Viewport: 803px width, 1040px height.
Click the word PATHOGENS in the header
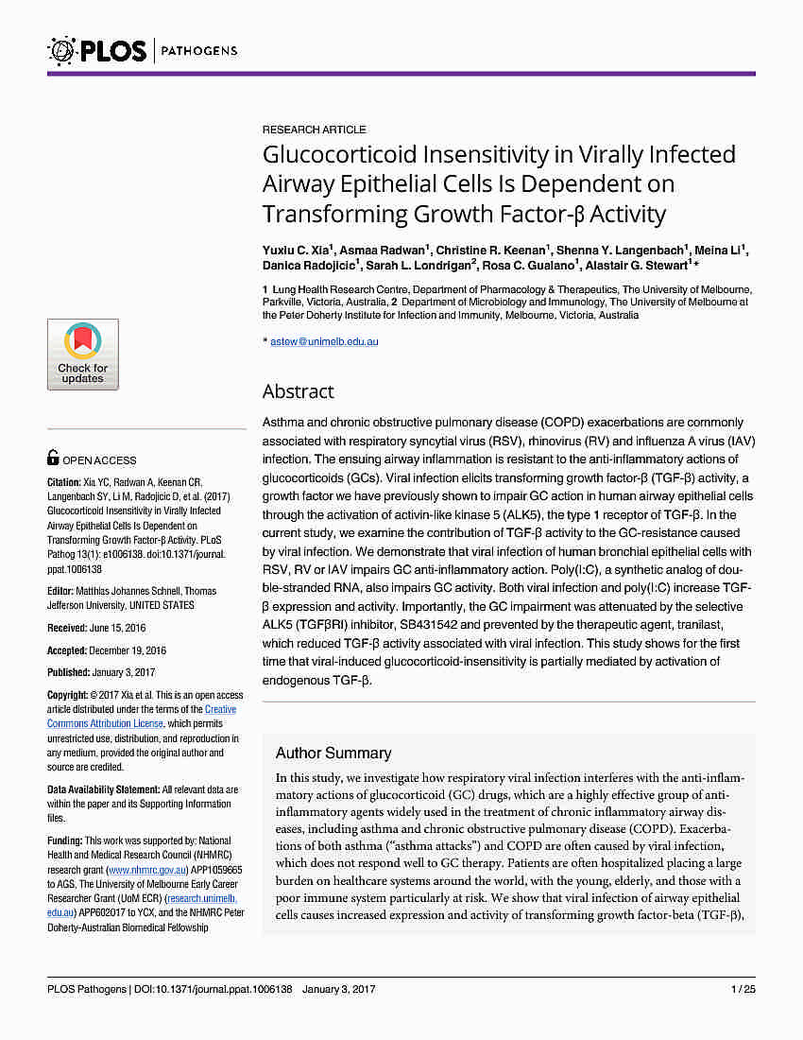pos(199,50)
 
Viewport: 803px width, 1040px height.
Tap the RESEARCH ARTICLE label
pos(314,130)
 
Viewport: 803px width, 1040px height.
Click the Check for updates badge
pos(83,355)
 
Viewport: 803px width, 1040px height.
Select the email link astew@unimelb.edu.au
pos(324,341)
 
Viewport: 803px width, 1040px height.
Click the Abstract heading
pos(298,391)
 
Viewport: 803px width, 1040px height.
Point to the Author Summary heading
pos(333,754)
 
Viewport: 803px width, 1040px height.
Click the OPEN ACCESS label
pos(99,459)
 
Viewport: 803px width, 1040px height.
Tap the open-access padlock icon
pos(53,459)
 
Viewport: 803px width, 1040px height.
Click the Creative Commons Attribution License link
pos(142,717)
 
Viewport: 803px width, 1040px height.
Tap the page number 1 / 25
pos(743,989)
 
